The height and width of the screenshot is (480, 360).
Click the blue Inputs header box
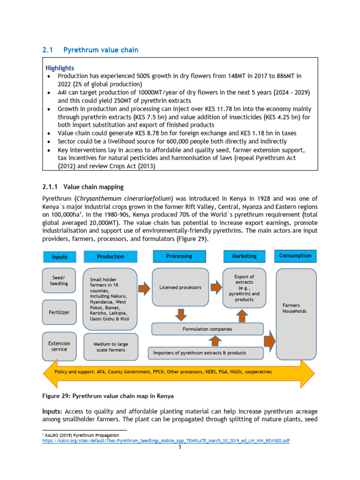click(x=60, y=257)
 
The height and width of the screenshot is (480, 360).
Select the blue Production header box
click(x=111, y=256)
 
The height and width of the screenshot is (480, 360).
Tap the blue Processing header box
click(x=179, y=256)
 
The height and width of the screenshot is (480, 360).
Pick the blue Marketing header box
click(x=244, y=256)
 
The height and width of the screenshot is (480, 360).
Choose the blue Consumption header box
click(x=295, y=255)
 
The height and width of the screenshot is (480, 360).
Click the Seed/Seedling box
click(x=59, y=280)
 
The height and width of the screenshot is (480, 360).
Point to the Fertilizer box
click(x=59, y=312)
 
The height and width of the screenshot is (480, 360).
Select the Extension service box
click(x=59, y=346)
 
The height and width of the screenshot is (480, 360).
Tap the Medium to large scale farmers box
click(x=111, y=347)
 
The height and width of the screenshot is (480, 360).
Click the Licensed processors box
click(x=180, y=287)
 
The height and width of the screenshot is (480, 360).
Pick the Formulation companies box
click(x=207, y=329)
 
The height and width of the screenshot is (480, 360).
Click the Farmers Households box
click(x=296, y=314)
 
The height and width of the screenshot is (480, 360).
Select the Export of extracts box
click(x=244, y=288)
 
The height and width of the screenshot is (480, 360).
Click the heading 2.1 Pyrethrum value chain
click(x=90, y=50)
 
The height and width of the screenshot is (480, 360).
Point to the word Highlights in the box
click(x=60, y=68)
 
